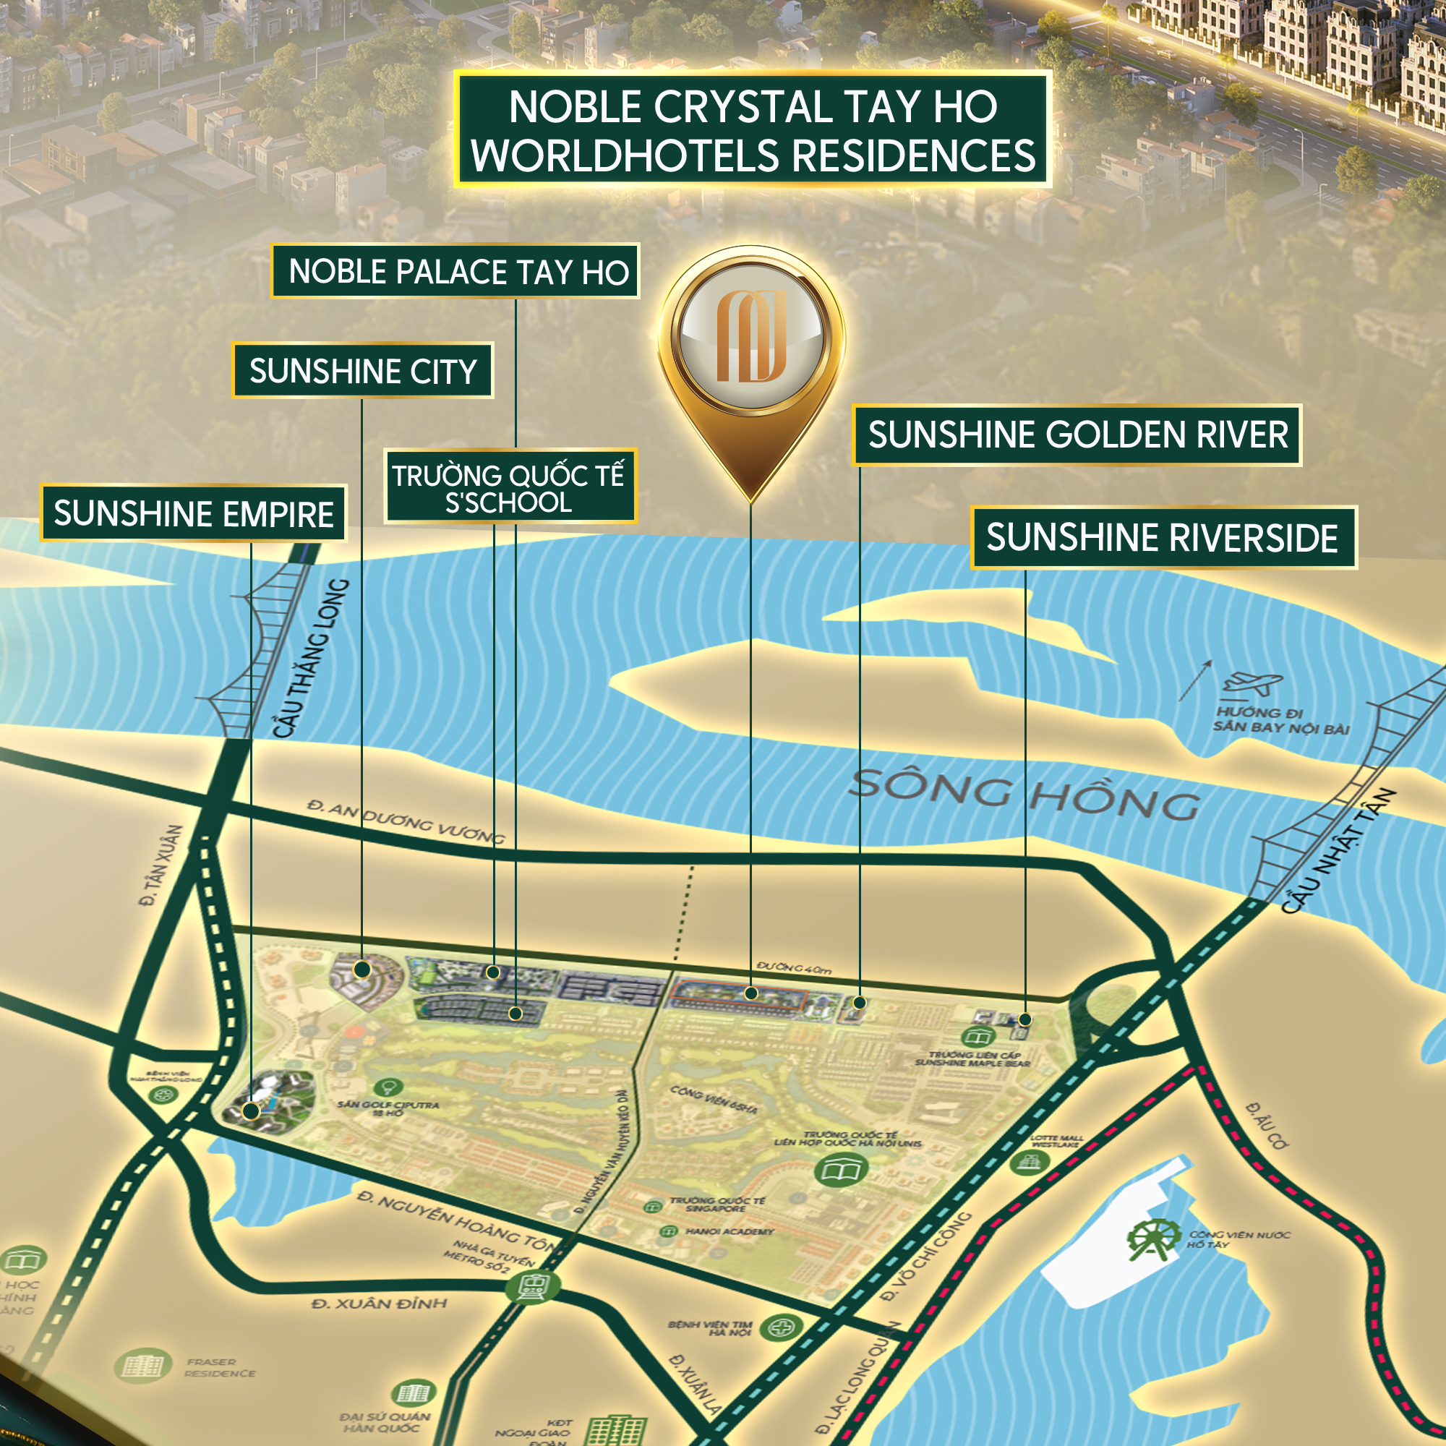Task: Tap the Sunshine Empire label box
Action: [x=193, y=513]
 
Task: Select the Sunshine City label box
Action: [x=362, y=370]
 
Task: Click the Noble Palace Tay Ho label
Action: [x=455, y=271]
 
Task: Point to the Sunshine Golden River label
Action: [x=1077, y=435]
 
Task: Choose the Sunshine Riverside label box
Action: [x=1163, y=537]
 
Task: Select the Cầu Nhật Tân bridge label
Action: [x=1338, y=851]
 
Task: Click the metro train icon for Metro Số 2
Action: [x=532, y=1285]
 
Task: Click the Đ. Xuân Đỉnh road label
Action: [x=379, y=1304]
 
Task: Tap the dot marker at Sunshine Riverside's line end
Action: [x=1025, y=1019]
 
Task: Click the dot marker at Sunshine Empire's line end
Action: [x=251, y=1111]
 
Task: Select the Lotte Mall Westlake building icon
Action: [x=1029, y=1162]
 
